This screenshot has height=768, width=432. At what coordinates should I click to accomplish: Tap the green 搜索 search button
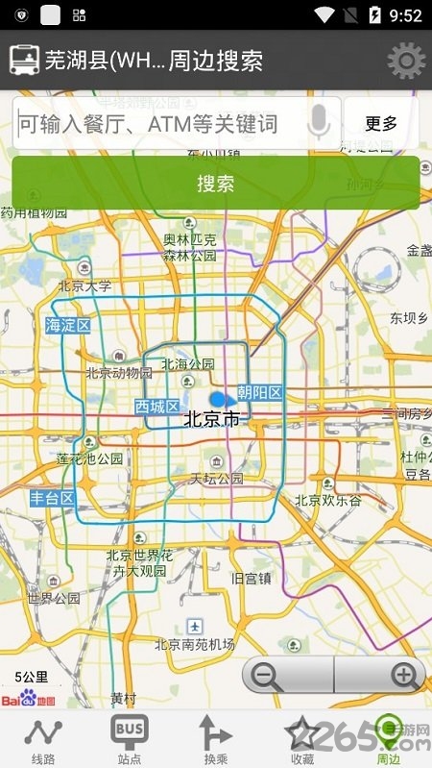215,183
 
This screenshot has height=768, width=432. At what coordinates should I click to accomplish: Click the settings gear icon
405,62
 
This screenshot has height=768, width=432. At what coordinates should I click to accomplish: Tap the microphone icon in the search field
320,123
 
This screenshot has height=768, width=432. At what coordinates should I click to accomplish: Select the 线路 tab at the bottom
42,740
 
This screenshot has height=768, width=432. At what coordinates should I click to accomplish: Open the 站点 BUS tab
130,740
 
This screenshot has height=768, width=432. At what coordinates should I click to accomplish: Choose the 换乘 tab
215,740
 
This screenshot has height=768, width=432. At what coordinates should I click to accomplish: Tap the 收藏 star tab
302,740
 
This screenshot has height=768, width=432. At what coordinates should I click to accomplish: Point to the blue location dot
220,398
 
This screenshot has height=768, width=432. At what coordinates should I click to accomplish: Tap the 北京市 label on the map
210,419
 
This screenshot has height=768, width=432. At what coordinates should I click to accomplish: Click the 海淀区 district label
68,326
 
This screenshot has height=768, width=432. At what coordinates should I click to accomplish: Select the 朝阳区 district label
259,392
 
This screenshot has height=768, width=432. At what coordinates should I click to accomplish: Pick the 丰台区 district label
52,498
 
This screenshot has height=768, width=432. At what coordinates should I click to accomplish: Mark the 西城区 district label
156,407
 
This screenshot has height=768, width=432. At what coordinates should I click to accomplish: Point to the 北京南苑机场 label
195,644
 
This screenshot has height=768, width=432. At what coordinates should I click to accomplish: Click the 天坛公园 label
217,478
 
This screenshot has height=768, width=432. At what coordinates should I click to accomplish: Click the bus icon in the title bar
24,61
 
